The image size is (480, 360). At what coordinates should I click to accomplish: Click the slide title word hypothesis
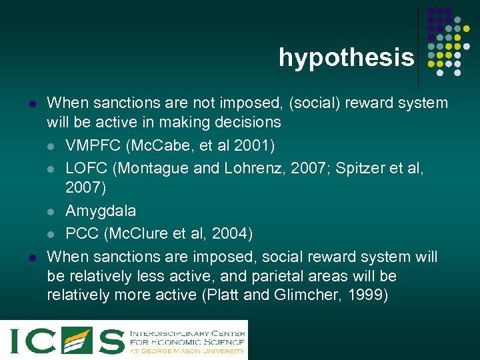[x=346, y=58]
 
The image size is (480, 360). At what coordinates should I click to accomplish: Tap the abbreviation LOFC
[x=87, y=168]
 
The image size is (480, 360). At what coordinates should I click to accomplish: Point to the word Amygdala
[x=101, y=211]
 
